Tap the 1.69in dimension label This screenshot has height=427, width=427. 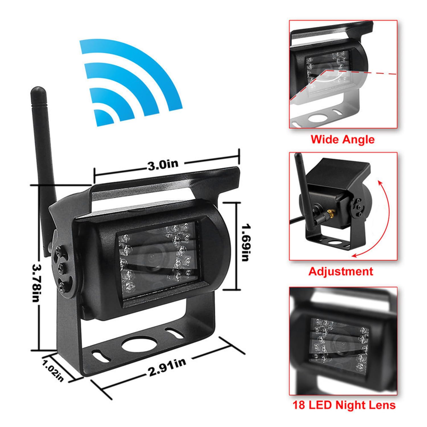(245, 243)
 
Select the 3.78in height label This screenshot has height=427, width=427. (36, 283)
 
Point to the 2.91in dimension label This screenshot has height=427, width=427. (167, 367)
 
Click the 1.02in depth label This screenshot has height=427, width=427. (53, 371)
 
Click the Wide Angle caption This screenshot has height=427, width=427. (343, 139)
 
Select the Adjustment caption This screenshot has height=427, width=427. (341, 271)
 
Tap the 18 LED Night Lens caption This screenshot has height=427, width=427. (344, 405)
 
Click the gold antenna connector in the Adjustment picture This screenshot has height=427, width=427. (330, 212)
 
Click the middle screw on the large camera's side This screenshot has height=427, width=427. (60, 267)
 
